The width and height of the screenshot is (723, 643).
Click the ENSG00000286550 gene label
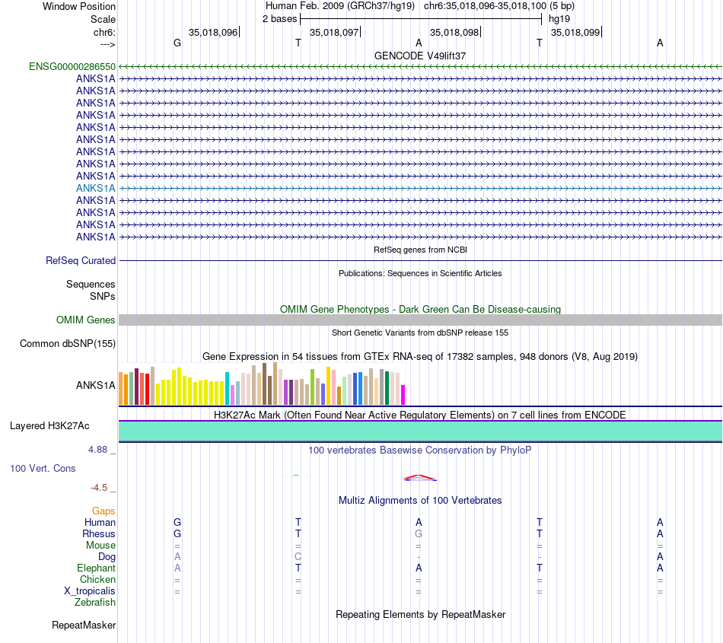pos(72,67)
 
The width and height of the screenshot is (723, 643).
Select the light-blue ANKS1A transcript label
pos(96,188)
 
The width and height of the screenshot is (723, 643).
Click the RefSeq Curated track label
pos(81,260)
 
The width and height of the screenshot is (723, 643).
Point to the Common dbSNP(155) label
pos(68,344)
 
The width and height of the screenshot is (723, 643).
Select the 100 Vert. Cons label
pos(43,469)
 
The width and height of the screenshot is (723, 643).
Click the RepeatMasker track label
pos(84,625)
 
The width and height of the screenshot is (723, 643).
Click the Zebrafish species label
pos(95,603)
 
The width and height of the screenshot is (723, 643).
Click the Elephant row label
pos(96,568)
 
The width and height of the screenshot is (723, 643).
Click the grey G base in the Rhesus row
pos(419,534)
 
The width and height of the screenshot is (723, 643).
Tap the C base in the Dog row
pos(298,557)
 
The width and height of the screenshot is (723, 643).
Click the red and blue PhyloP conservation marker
pos(420,478)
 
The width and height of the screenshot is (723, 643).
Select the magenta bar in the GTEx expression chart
pos(403,395)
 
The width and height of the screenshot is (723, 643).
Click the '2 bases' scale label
pos(280,18)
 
